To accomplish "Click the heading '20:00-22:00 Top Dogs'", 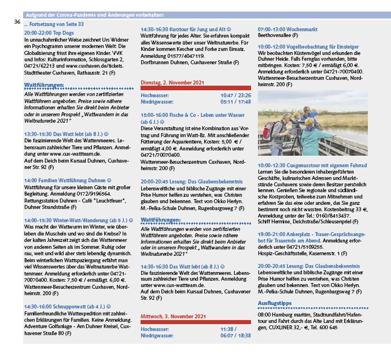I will click(x=49, y=34).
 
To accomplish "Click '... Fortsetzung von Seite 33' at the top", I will click(x=54, y=25).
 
